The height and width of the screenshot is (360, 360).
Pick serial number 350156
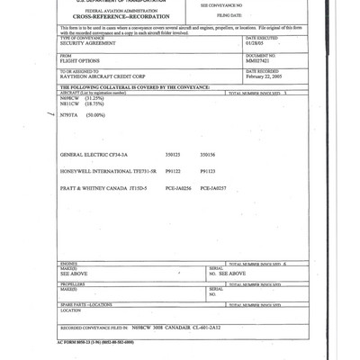click(x=207, y=178)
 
